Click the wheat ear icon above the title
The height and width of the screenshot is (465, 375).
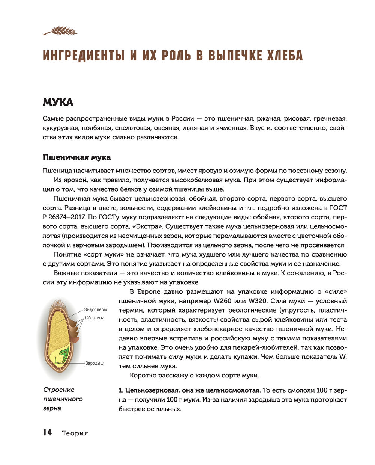pyautogui.click(x=60, y=30)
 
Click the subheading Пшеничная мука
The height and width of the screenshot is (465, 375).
pyautogui.click(x=76, y=157)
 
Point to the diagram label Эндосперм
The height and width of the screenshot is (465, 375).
pyautogui.click(x=95, y=310)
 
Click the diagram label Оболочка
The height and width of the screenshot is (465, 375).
pyautogui.click(x=94, y=318)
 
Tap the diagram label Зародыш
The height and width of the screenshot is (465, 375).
pyautogui.click(x=94, y=363)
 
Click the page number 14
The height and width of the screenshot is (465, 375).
pyautogui.click(x=47, y=432)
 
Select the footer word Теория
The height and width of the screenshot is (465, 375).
pyautogui.click(x=75, y=433)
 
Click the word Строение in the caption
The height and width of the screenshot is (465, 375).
pyautogui.click(x=59, y=390)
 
